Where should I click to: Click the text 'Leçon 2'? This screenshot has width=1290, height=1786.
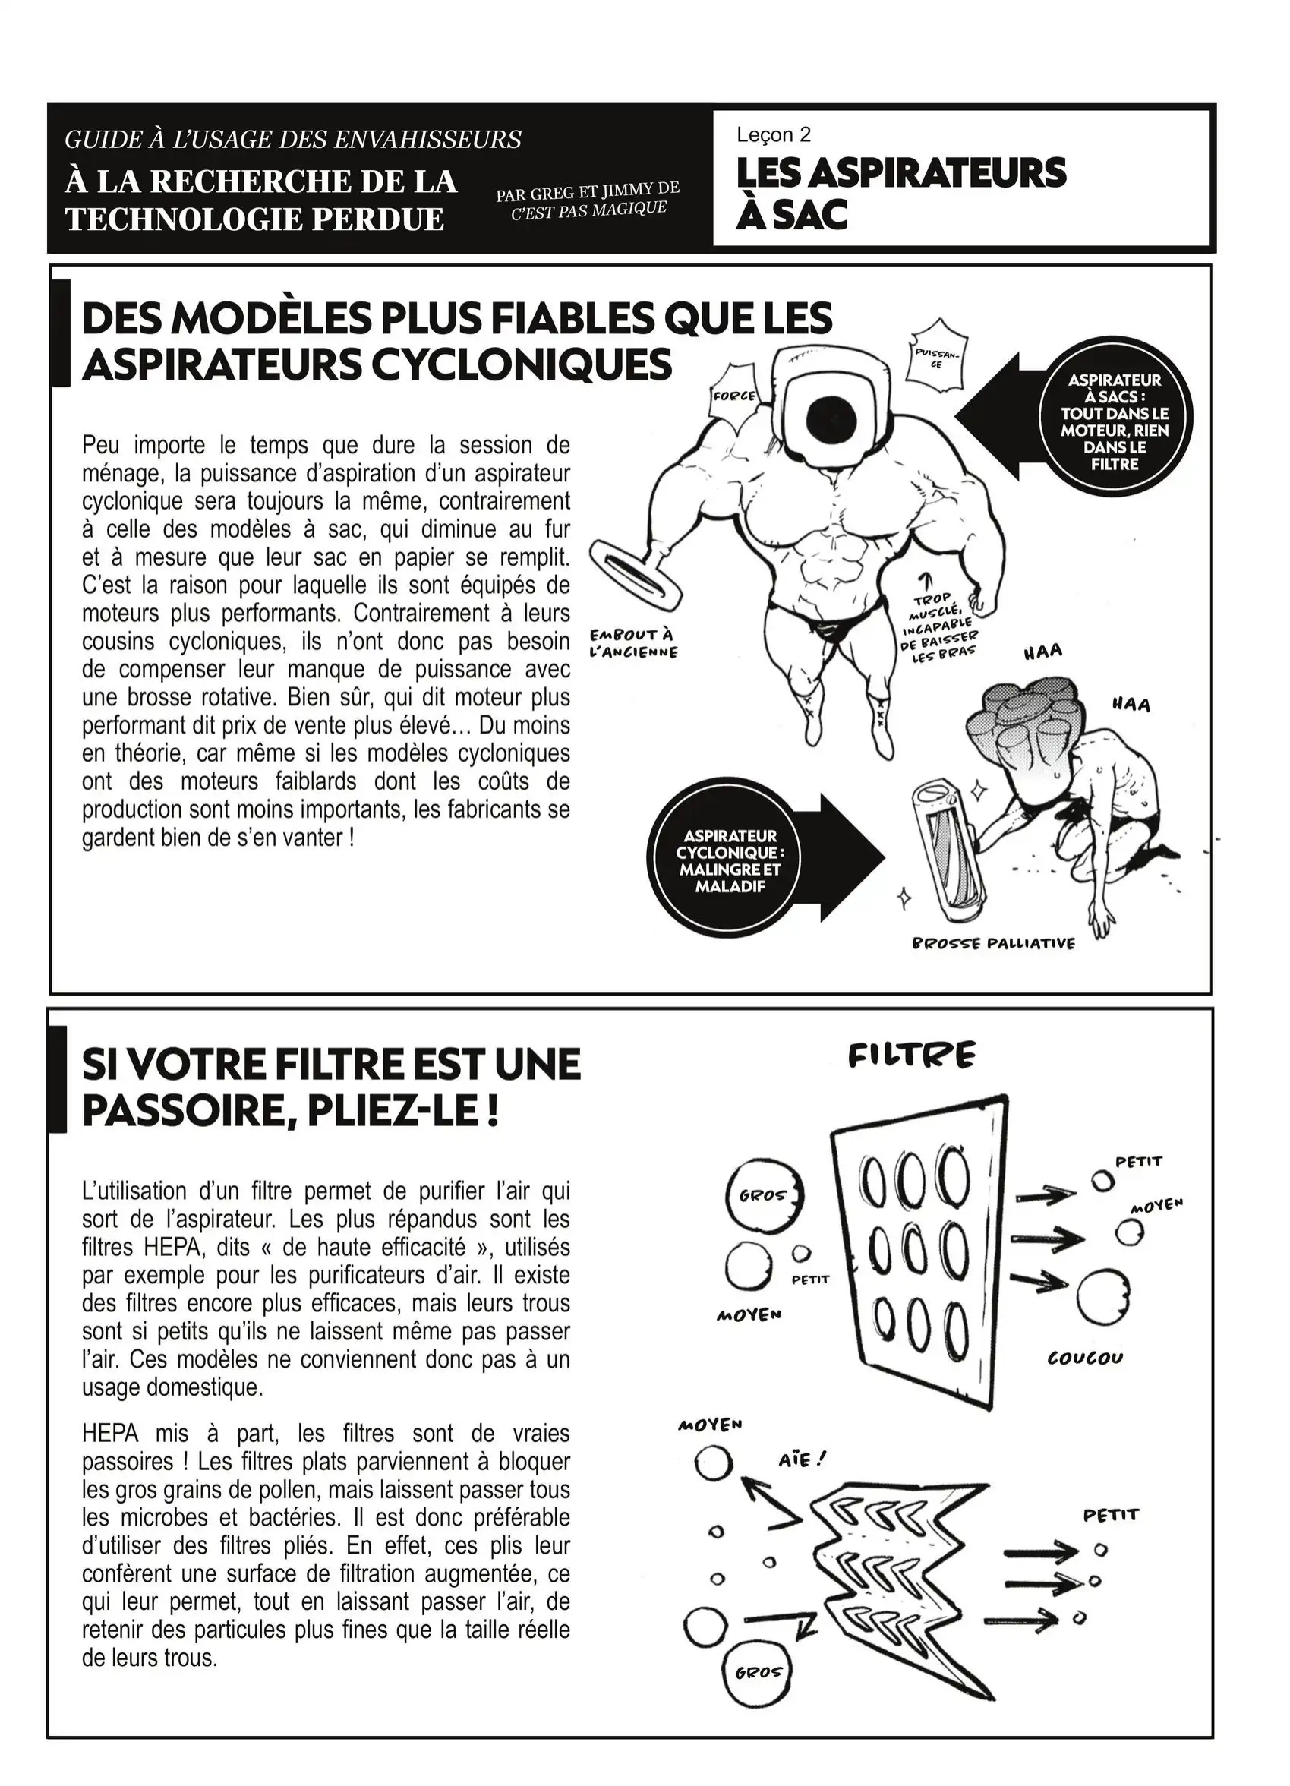coord(774,134)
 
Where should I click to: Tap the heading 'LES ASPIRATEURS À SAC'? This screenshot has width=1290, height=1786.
coord(900,193)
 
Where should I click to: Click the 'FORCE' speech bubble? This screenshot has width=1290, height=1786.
coord(734,396)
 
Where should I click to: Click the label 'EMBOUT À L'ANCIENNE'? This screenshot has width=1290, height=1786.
coord(634,643)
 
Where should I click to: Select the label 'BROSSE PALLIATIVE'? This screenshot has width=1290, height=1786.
coord(993,943)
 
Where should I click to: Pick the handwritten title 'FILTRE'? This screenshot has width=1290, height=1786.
coord(911,1056)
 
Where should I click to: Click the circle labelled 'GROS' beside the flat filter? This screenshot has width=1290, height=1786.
coord(763,1195)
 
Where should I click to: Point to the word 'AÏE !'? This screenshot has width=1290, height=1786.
coord(802,1460)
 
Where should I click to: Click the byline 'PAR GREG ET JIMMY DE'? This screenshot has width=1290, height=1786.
coord(588,191)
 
